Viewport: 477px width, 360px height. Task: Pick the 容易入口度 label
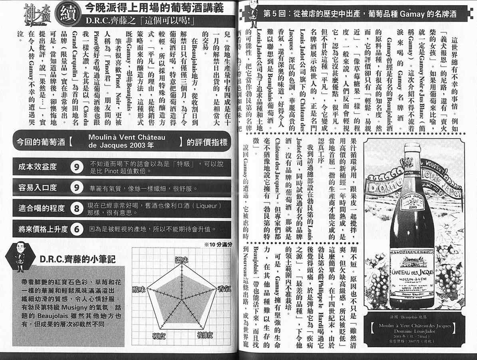coord(38,188)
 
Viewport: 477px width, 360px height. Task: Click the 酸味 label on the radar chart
coord(140,288)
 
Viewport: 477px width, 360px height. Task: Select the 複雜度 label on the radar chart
coord(207,346)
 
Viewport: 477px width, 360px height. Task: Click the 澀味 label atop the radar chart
coord(182,260)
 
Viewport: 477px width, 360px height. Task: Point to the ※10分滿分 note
coord(218,245)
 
